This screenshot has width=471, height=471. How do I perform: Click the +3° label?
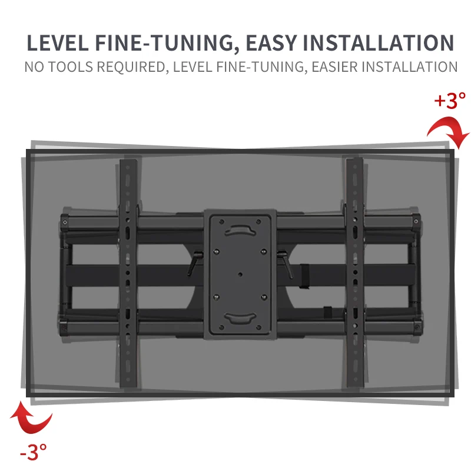tap(450, 101)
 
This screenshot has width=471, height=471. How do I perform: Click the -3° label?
tap(34, 452)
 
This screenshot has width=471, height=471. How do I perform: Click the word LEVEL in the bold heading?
tap(58, 43)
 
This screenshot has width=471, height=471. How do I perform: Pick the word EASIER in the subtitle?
tap(334, 67)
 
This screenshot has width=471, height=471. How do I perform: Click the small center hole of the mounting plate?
tap(240, 274)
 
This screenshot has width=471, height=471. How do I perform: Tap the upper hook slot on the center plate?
tap(240, 230)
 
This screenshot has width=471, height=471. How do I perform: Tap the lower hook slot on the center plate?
tap(240, 318)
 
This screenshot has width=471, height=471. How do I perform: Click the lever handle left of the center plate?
tap(194, 263)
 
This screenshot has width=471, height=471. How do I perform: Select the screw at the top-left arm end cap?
tap(65, 223)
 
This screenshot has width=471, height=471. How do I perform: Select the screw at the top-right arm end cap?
tap(416, 221)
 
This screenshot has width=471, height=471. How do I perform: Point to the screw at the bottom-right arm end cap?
tap(417, 327)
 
